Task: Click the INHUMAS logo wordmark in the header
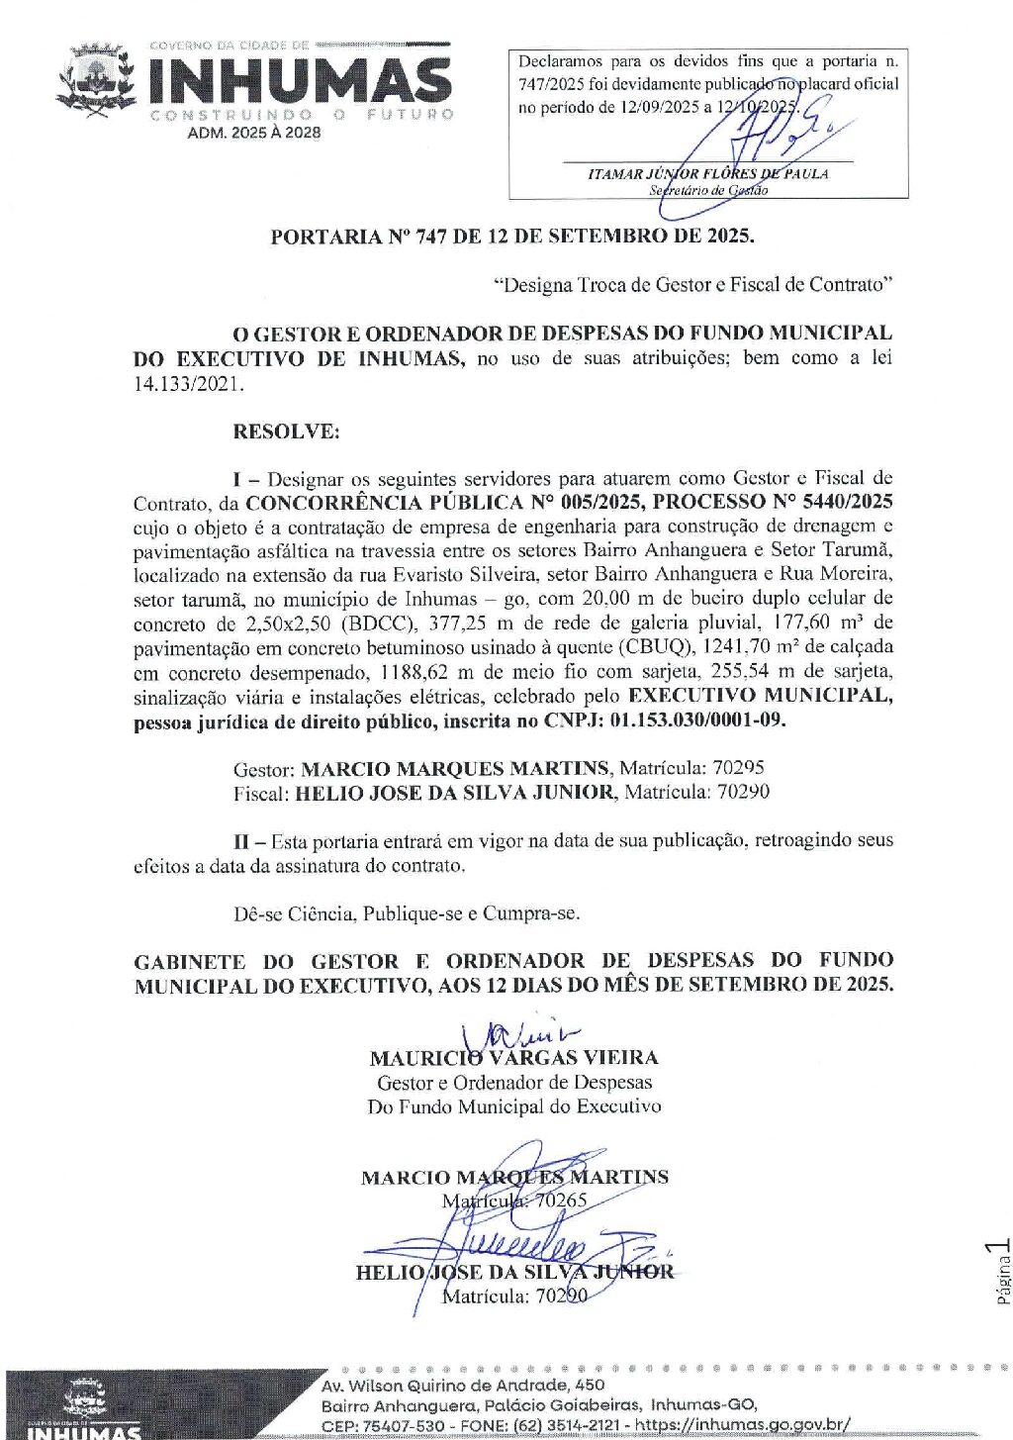click(300, 81)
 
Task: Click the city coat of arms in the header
click(96, 80)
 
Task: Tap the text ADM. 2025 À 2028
click(254, 133)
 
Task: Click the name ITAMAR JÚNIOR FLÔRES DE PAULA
click(707, 173)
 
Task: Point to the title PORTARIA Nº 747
click(511, 237)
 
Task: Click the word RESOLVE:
click(286, 432)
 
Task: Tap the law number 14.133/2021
click(188, 384)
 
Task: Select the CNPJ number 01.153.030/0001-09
click(698, 720)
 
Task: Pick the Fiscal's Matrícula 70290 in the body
click(743, 792)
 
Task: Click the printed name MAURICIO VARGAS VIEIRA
click(513, 1058)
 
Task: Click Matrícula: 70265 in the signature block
click(514, 1200)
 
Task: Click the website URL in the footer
click(742, 1425)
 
